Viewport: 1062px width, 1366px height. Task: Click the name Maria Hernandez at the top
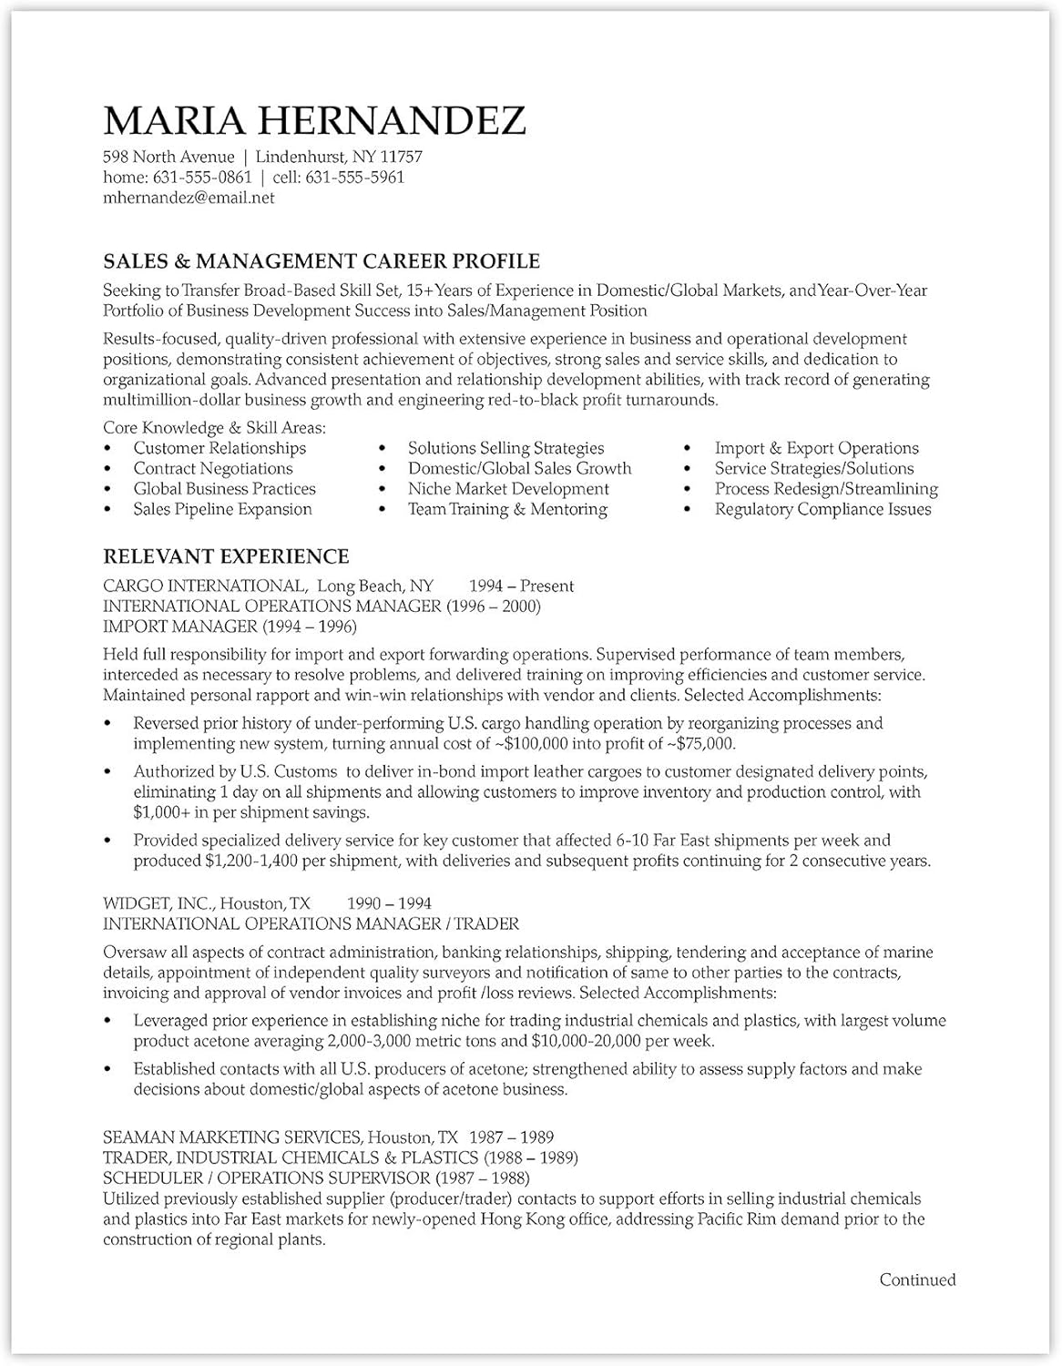click(x=314, y=121)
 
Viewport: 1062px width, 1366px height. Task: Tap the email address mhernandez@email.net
click(x=189, y=198)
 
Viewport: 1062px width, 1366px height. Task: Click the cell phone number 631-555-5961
click(x=354, y=178)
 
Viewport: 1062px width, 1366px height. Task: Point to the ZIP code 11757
click(x=401, y=158)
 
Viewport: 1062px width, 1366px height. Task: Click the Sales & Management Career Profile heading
click(x=322, y=261)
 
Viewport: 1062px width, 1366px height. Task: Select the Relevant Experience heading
click(x=226, y=556)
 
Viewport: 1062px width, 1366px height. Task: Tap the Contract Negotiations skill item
click(x=213, y=469)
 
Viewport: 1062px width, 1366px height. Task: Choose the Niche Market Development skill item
click(x=508, y=489)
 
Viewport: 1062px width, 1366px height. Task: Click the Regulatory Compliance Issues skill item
click(x=822, y=509)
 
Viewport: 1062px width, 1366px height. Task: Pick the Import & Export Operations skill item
click(x=816, y=448)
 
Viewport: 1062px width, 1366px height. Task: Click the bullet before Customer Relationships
click(x=109, y=449)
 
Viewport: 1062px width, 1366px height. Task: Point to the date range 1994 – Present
click(x=521, y=586)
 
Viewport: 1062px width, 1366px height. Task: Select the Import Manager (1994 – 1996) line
click(x=230, y=627)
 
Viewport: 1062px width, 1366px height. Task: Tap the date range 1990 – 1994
click(x=389, y=903)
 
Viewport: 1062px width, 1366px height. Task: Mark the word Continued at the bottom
click(x=917, y=1280)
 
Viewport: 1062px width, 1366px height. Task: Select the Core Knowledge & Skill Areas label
click(x=214, y=428)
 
